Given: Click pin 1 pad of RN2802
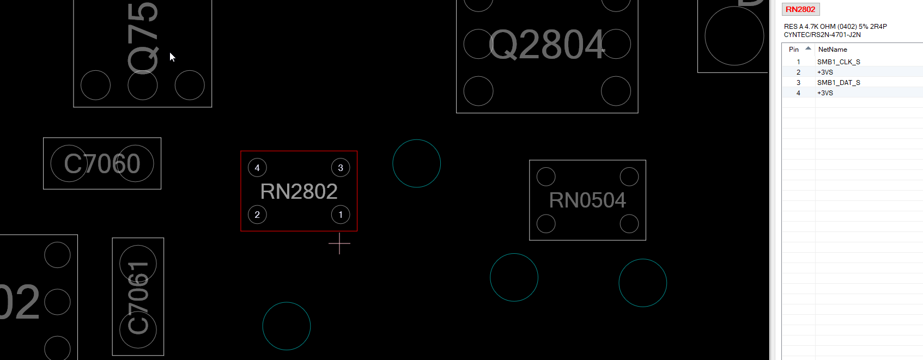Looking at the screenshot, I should pyautogui.click(x=341, y=215).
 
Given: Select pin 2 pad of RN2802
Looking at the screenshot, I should pyautogui.click(x=257, y=215).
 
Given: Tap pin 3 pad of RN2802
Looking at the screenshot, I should pyautogui.click(x=341, y=168).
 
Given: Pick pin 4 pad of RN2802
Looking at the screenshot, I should pyautogui.click(x=257, y=168).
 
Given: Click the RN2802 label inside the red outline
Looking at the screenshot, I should pyautogui.click(x=299, y=192).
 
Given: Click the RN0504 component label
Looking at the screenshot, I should pyautogui.click(x=587, y=200).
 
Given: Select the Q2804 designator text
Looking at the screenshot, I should pyautogui.click(x=547, y=45).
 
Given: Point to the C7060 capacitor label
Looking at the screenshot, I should pyautogui.click(x=102, y=163).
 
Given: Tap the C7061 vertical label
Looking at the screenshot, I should pyautogui.click(x=138, y=297).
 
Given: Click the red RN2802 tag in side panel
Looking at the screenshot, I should pyautogui.click(x=800, y=9).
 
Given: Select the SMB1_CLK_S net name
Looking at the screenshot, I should pyautogui.click(x=839, y=62).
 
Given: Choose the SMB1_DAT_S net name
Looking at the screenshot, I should pyautogui.click(x=839, y=83).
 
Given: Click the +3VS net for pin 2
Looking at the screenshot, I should pyautogui.click(x=825, y=72).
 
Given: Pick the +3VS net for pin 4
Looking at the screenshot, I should pyautogui.click(x=825, y=93).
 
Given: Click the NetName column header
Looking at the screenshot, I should pyautogui.click(x=833, y=50).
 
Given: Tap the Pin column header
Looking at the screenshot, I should pyautogui.click(x=794, y=50).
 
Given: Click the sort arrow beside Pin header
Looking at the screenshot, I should pyautogui.click(x=808, y=48).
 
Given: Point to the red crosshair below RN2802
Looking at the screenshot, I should pyautogui.click(x=339, y=243).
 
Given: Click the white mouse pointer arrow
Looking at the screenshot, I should pyautogui.click(x=172, y=57).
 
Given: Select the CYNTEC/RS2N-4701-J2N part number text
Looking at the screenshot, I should pyautogui.click(x=822, y=35).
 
